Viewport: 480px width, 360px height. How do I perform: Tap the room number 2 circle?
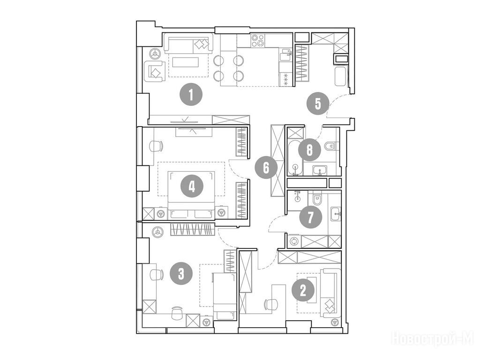coord(303,290)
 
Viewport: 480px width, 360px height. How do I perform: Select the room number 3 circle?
coord(181,273)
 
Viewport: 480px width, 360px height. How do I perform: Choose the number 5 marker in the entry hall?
coord(318,104)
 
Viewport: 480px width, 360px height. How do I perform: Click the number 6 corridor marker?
coord(266,167)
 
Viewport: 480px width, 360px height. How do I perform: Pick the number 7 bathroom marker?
coord(310,218)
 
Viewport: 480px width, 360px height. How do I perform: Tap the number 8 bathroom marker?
coord(309,150)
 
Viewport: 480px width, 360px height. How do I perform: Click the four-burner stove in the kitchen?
coord(258,40)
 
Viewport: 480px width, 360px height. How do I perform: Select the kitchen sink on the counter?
coord(285,55)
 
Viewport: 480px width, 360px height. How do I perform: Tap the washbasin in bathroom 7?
coord(336,214)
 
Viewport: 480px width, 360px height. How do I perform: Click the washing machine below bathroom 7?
coord(295,241)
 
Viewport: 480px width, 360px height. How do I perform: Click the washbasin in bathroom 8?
coord(320,170)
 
